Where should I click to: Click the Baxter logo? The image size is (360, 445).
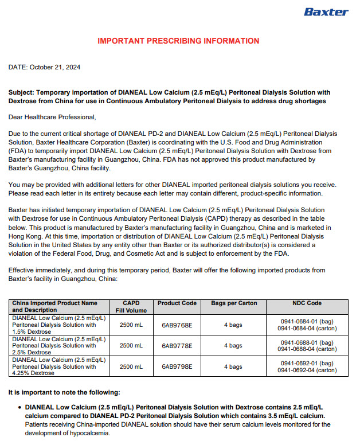point(326,12)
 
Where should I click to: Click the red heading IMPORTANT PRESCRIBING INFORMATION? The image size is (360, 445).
point(178,41)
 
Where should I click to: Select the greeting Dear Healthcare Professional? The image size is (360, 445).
point(52,117)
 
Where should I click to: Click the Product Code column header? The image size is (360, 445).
point(177,303)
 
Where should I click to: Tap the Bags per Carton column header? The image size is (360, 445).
point(233,303)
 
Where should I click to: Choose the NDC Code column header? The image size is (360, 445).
point(307,303)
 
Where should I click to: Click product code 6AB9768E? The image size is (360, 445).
point(177,325)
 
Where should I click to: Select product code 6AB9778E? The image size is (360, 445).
point(177,346)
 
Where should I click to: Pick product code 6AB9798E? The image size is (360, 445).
point(177,366)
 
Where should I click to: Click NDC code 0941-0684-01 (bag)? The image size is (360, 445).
point(307,322)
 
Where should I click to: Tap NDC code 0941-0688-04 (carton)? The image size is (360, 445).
point(307,349)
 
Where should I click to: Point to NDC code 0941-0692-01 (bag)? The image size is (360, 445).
point(307,363)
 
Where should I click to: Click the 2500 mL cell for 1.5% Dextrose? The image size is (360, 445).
point(131,325)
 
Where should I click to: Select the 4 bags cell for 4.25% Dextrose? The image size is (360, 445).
point(233,366)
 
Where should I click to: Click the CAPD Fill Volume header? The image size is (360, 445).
point(131,306)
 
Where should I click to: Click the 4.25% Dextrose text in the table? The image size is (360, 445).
point(34,373)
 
